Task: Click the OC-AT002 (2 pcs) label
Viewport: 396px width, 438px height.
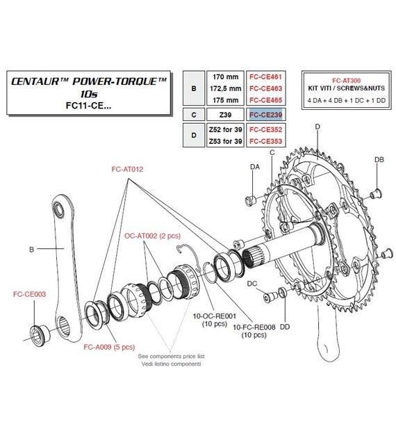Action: tap(151, 236)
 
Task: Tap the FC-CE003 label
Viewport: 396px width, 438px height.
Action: tap(29, 294)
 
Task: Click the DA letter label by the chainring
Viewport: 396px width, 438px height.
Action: tap(254, 168)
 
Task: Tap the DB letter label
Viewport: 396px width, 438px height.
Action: tap(379, 160)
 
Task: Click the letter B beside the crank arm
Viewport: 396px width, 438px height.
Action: tap(31, 248)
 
